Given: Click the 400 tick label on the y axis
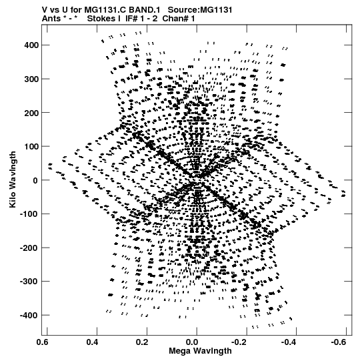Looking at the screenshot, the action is tap(31, 45).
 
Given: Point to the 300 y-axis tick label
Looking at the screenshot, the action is tap(31, 79).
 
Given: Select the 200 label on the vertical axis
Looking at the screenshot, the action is tap(31, 113).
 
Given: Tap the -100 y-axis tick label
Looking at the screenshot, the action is tap(29, 214).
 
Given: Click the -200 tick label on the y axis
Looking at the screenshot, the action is tap(29, 248).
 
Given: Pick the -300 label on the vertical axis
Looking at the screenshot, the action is tap(29, 282).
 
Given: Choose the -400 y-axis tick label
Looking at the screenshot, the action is tap(29, 315).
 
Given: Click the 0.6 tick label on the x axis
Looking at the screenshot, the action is tap(42, 342).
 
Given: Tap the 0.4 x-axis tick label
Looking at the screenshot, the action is tap(92, 342).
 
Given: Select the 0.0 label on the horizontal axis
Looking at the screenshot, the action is tap(192, 342).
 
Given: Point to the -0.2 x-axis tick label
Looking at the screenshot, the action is tap(240, 342).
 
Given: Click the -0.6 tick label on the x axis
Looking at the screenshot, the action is tap(339, 342).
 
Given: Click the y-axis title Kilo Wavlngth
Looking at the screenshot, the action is tap(13, 179).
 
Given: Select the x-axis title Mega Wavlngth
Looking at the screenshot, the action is tap(200, 351).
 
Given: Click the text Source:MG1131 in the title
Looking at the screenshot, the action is tap(200, 10).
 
